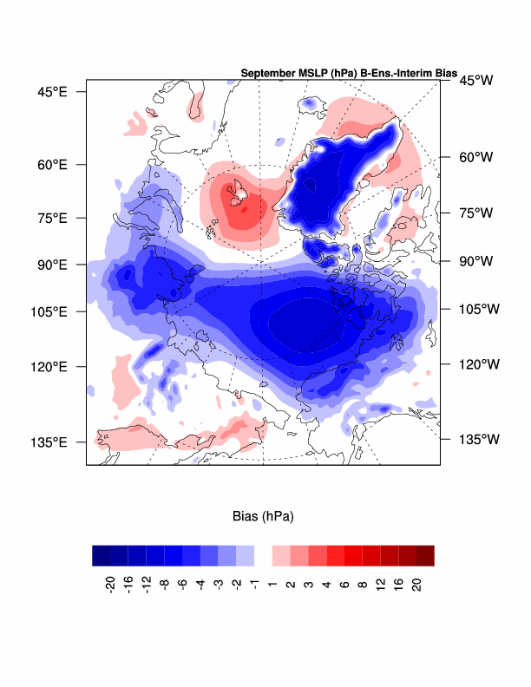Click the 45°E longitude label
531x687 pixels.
[x=51, y=91]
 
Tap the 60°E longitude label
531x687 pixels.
[x=51, y=164]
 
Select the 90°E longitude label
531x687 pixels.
[x=51, y=264]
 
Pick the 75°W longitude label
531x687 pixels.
[x=475, y=213]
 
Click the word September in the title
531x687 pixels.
[x=267, y=74]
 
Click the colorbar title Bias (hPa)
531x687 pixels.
[x=263, y=517]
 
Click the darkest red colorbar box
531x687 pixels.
[x=424, y=555]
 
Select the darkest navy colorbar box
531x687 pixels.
[x=102, y=555]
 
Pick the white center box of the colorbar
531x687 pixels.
[x=263, y=555]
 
